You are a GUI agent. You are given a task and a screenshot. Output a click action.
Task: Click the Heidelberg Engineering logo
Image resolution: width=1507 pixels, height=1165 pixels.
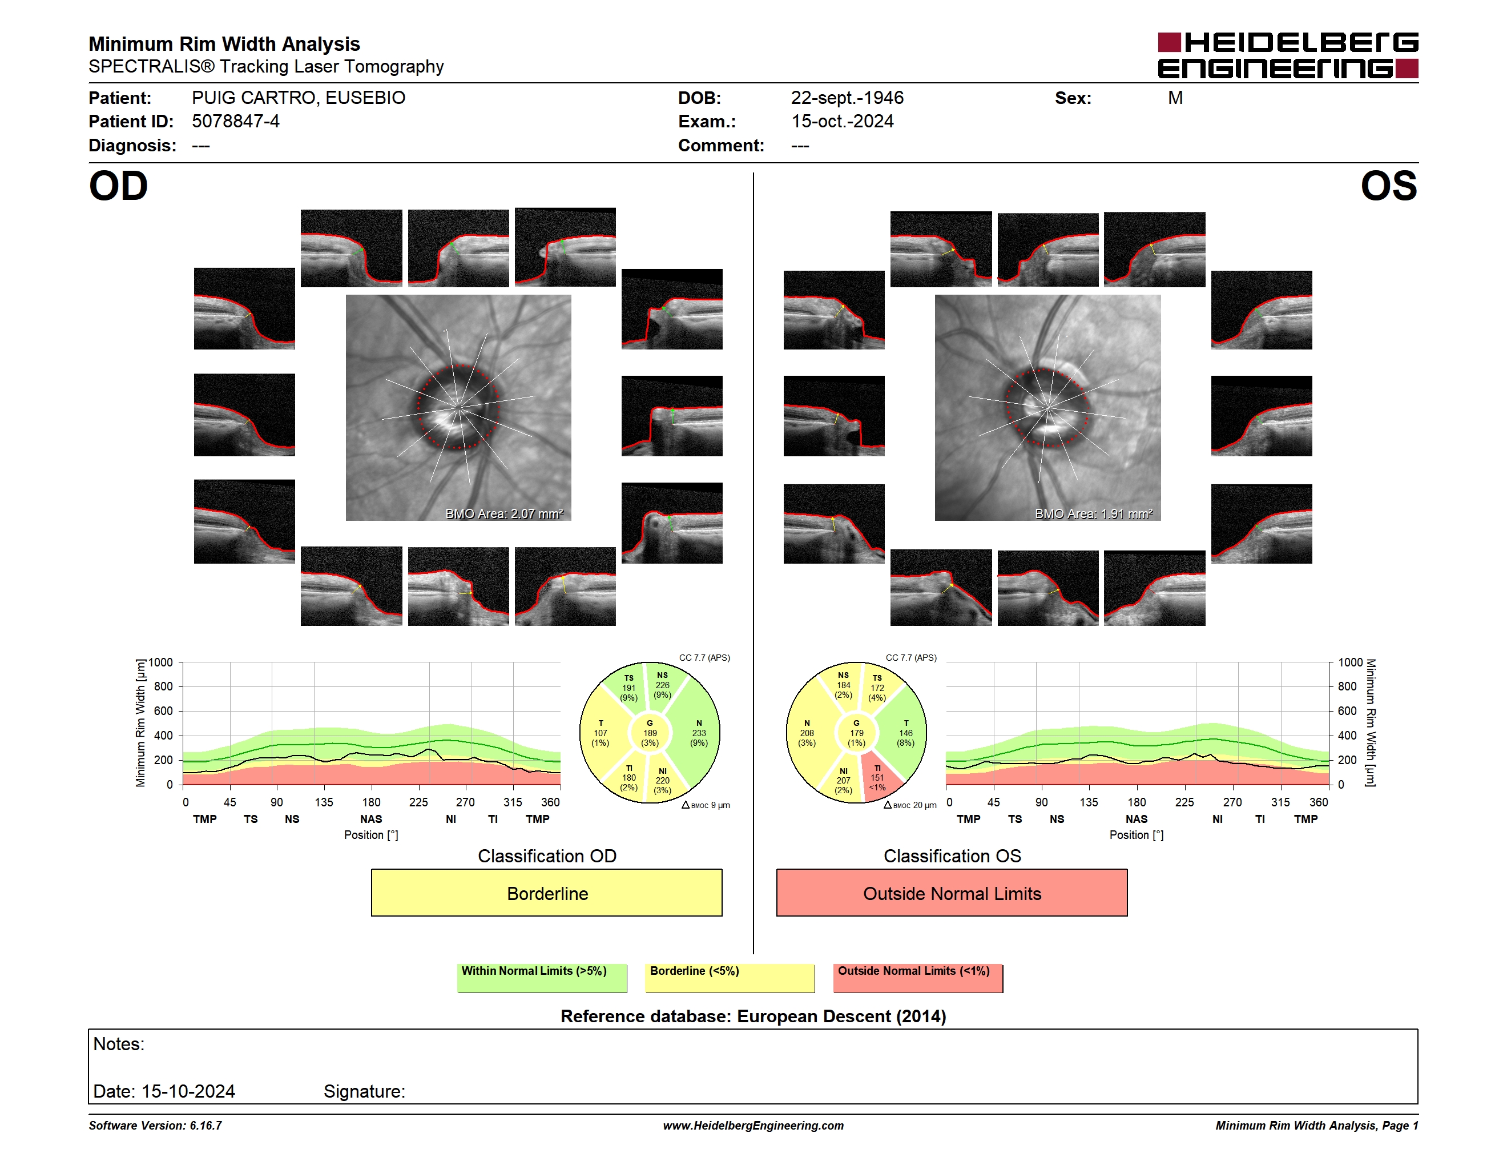point(1288,55)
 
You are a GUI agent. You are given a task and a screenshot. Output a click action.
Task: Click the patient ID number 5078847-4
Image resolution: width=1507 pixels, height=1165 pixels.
point(235,122)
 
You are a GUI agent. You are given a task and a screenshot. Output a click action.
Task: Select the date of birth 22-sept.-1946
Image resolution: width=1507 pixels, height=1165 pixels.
point(847,98)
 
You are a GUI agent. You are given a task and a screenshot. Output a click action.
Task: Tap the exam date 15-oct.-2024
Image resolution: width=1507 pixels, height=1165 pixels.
point(842,122)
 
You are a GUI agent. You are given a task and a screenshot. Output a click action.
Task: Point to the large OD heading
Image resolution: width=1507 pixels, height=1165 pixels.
point(118,186)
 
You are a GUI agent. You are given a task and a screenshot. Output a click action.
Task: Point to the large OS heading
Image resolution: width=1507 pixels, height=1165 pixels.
point(1388,186)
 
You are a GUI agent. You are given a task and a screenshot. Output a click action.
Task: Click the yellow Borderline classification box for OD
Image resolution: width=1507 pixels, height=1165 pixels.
point(546,893)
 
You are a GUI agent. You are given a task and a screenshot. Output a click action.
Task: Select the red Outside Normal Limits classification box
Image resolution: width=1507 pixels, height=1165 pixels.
point(952,893)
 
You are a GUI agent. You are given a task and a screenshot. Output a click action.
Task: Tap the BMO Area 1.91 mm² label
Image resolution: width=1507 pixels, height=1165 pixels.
point(1093,513)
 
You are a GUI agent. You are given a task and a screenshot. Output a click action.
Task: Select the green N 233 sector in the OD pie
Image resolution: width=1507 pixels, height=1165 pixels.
point(697,733)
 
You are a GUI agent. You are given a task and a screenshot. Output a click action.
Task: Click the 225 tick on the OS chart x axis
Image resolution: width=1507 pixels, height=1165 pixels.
point(1184,802)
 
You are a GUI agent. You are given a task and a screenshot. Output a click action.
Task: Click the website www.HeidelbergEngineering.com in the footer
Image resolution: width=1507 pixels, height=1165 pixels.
point(753,1126)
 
